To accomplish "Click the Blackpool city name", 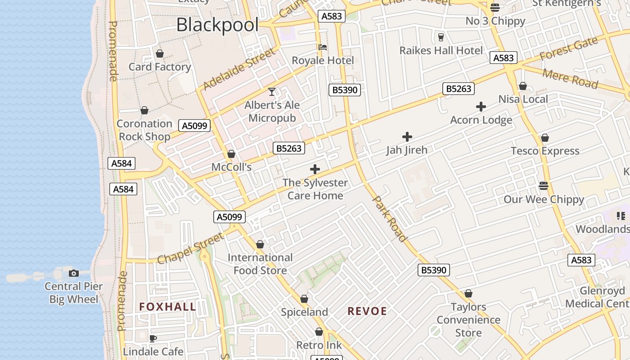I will click(x=217, y=25).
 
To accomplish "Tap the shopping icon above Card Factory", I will click(x=160, y=54).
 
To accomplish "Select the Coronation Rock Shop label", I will click(x=144, y=130).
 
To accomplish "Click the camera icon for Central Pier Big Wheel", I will click(x=74, y=273).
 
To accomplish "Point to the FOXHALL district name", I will click(x=167, y=307).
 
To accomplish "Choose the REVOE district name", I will click(x=367, y=311).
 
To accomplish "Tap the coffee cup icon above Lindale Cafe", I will click(x=153, y=338).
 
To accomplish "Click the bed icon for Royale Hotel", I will click(x=323, y=47).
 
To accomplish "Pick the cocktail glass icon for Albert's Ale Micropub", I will click(x=272, y=92).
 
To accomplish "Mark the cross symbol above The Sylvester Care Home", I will click(x=315, y=169).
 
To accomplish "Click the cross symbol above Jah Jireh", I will click(x=407, y=136).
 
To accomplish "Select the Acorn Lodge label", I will click(x=481, y=120).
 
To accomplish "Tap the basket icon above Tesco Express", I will click(x=545, y=138).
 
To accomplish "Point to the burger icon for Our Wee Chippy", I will click(x=544, y=186).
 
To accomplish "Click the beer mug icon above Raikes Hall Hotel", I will click(x=441, y=37).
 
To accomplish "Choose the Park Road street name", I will click(x=390, y=219).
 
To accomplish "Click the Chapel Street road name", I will click(x=190, y=248).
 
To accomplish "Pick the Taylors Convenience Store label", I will click(x=468, y=320).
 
